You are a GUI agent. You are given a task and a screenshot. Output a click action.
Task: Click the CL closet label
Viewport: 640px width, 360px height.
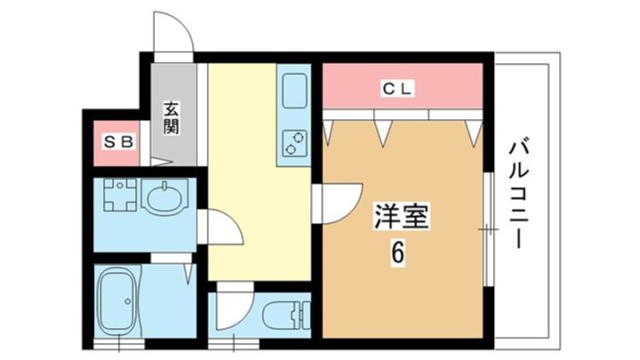(x=398, y=89)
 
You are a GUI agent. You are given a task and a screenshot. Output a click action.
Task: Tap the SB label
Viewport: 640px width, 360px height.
(x=118, y=143)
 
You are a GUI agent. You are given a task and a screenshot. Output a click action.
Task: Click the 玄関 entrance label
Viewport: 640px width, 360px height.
(x=172, y=118)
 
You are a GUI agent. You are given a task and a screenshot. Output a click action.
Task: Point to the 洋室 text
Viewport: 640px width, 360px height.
(x=401, y=216)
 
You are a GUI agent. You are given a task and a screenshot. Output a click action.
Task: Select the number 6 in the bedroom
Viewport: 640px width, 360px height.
(x=398, y=253)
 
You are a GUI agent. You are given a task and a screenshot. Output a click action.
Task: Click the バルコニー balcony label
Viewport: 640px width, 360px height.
(x=519, y=194)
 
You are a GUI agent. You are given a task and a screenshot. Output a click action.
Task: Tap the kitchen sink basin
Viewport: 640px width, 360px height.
(x=295, y=90)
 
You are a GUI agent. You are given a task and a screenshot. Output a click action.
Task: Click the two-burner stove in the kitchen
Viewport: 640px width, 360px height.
(x=294, y=143)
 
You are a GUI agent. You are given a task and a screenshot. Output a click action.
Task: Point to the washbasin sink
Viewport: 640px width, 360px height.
(x=164, y=197)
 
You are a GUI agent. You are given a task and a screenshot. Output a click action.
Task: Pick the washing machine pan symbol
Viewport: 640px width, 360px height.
(x=120, y=195)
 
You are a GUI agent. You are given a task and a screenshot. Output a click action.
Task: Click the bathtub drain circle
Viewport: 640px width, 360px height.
(x=128, y=301)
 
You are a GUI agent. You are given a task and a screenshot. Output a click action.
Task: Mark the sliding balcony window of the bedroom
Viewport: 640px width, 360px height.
(x=488, y=229)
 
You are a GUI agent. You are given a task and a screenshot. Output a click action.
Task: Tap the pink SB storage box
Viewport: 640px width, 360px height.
(x=116, y=143)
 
